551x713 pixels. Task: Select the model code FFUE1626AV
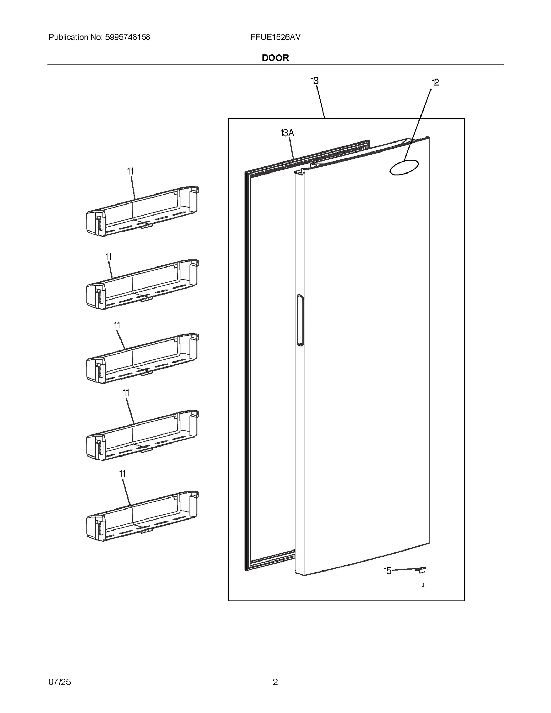(275, 37)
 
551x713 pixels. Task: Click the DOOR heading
(275, 58)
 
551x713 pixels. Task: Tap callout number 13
(314, 81)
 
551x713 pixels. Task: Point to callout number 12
(435, 82)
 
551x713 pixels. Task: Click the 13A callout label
(287, 133)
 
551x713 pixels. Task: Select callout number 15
(387, 571)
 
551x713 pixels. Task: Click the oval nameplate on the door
(404, 167)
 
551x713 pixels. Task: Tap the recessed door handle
(300, 320)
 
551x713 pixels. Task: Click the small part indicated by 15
(421, 570)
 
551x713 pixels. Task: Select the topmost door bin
(142, 211)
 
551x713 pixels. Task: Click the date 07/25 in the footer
(60, 682)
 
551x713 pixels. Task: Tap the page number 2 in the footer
(275, 682)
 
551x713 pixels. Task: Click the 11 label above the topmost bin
(130, 171)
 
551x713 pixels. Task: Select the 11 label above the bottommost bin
(122, 474)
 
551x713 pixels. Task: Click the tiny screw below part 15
(423, 585)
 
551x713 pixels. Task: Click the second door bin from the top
(142, 284)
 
